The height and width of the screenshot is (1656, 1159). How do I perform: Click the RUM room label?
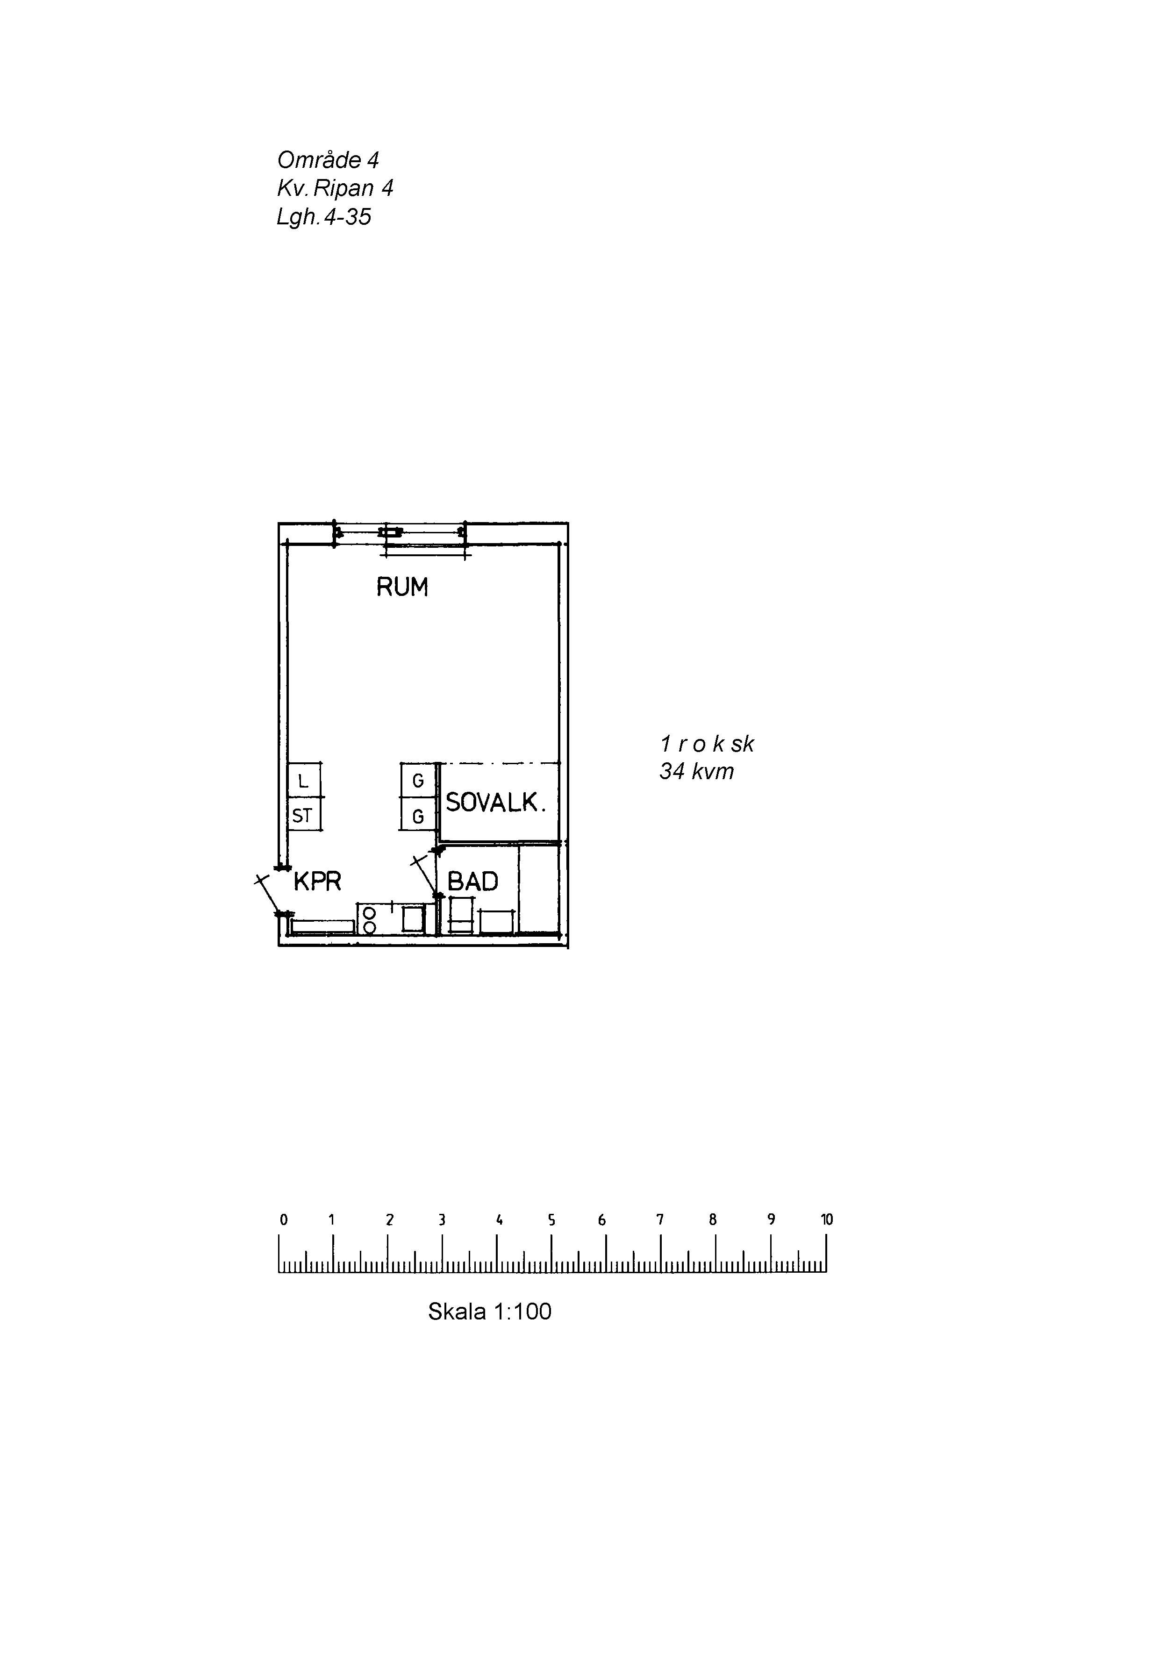point(402,587)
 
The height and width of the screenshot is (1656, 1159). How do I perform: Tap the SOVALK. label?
point(495,802)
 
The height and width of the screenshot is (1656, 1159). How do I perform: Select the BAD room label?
point(472,882)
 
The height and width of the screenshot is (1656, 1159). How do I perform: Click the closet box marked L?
point(304,780)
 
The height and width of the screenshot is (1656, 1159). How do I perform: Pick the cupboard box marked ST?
point(304,814)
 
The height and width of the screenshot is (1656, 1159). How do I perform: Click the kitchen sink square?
point(413,919)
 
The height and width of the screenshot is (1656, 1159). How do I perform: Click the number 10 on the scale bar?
point(827,1219)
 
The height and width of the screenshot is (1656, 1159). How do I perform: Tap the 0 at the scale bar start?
point(284,1219)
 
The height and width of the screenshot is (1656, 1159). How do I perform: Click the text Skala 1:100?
point(490,1311)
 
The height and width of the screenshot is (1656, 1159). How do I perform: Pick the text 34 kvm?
point(697,772)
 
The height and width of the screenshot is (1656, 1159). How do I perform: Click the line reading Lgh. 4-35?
point(324,216)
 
